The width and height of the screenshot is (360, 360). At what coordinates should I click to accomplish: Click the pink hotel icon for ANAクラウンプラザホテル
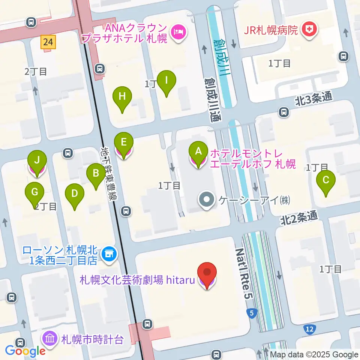[x=177, y=32]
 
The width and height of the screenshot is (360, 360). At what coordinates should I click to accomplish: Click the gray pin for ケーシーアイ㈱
[x=207, y=199]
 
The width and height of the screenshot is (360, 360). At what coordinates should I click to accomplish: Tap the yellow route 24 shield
[x=48, y=42]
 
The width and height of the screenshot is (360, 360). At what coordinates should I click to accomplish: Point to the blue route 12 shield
[x=309, y=328]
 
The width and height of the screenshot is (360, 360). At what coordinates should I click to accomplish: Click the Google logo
[x=25, y=351]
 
